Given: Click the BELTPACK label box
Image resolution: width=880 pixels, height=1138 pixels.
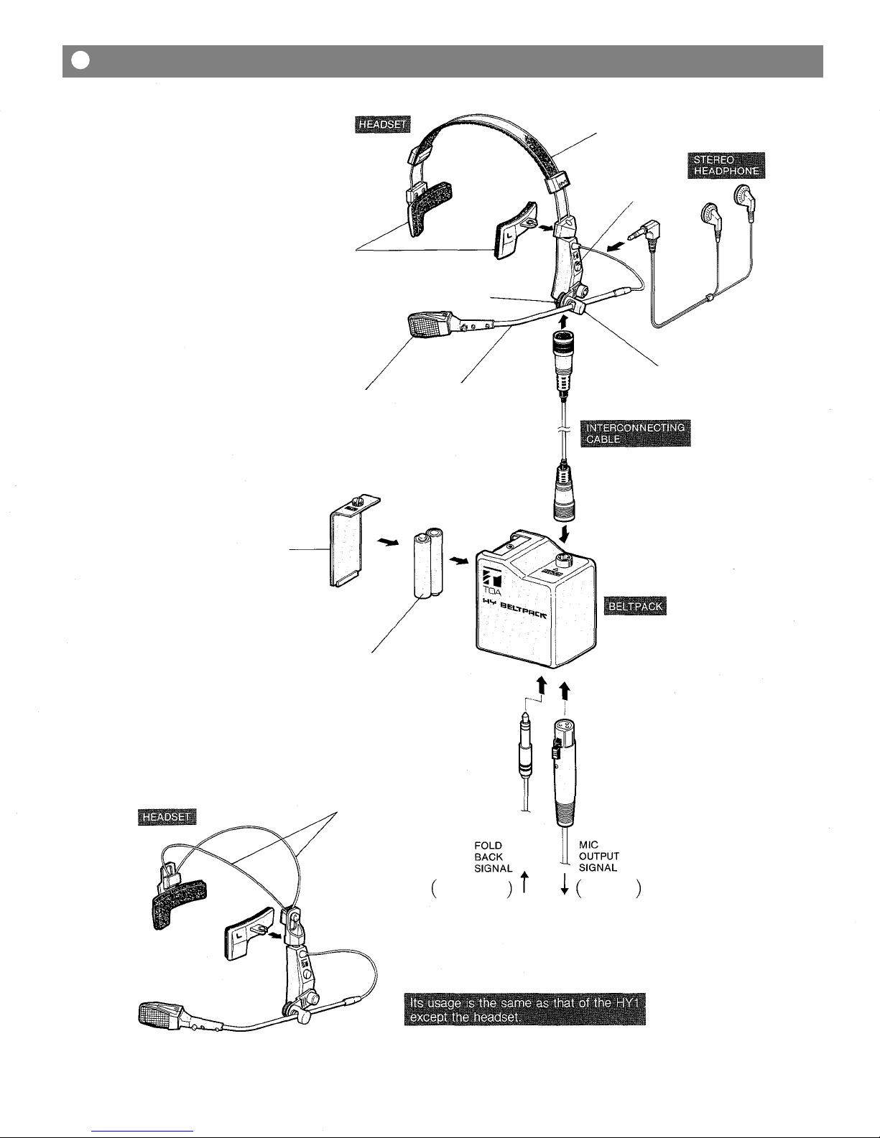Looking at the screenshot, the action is tap(635, 606).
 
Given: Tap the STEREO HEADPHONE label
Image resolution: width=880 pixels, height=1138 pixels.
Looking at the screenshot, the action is tap(726, 165).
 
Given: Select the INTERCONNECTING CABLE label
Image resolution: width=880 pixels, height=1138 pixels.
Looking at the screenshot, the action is tap(635, 433).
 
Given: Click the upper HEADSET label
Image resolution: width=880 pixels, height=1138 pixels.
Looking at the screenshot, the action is tap(382, 124).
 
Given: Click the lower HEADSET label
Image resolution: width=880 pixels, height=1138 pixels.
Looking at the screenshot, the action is tap(167, 817).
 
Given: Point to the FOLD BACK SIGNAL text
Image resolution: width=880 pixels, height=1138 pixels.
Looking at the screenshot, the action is tap(493, 857).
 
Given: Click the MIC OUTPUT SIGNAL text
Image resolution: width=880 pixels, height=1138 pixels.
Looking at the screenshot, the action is tap(598, 857).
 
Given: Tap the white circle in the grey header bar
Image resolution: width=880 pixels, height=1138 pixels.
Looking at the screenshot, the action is tap(80, 61).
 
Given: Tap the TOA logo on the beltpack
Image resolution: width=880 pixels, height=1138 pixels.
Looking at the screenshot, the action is tap(492, 582).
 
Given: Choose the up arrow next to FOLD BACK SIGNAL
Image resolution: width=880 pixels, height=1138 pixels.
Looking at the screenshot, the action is tap(525, 882).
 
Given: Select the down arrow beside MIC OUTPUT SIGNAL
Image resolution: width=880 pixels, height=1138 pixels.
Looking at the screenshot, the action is tap(565, 884).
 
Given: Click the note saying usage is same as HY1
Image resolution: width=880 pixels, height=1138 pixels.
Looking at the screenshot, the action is tap(525, 1009).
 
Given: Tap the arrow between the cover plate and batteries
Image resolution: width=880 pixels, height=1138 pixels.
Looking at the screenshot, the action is tap(387, 543).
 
